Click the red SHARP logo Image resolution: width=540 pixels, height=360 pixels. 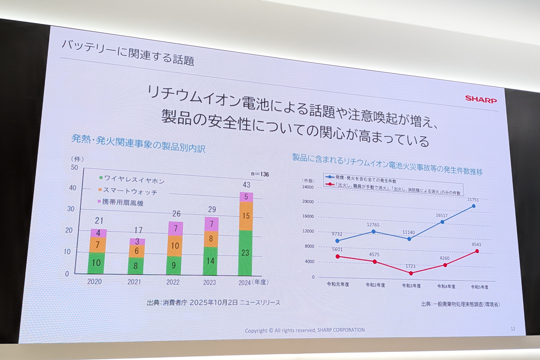(x=481, y=99)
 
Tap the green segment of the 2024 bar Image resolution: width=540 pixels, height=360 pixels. (x=245, y=253)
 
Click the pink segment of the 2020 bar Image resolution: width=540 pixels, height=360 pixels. (x=98, y=233)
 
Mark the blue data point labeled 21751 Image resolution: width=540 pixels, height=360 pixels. (x=473, y=206)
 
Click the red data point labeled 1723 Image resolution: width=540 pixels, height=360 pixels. (x=411, y=273)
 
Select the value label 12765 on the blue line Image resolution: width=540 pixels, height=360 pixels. (x=373, y=225)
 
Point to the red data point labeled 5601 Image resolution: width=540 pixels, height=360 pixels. (x=337, y=256)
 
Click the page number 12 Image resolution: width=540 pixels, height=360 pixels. (x=513, y=328)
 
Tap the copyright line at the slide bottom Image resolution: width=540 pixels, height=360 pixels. (x=305, y=330)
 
